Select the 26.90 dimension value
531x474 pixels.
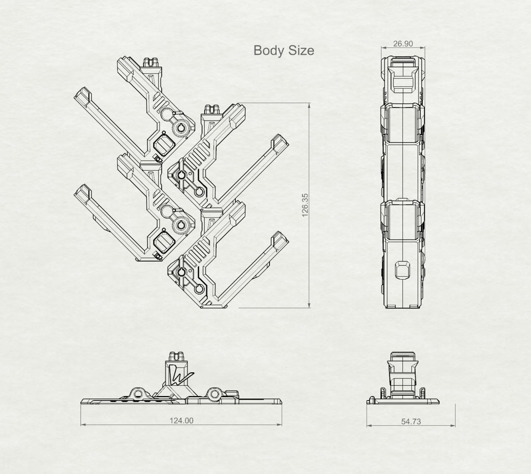point(403,44)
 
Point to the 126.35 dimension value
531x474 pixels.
point(305,205)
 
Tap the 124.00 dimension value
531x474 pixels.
point(181,421)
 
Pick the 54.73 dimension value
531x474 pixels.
point(411,422)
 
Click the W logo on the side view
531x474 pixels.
point(178,374)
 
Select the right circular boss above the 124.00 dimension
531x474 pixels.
point(214,395)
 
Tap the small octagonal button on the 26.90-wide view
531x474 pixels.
point(403,270)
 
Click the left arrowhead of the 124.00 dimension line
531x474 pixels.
point(82,425)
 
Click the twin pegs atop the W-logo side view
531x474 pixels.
point(176,356)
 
